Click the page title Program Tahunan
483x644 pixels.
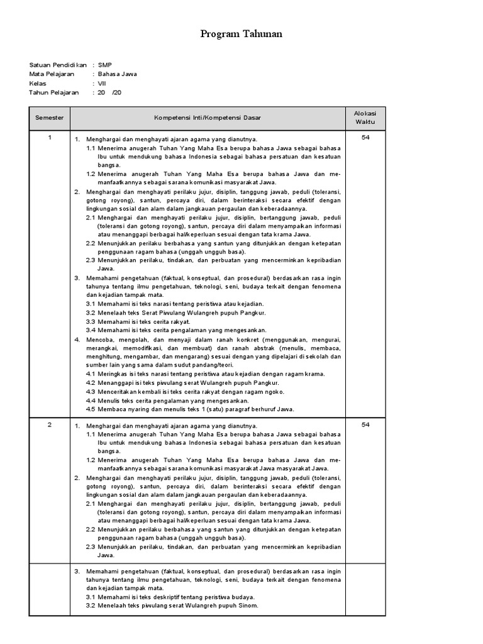(241, 35)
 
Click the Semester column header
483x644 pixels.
(50, 118)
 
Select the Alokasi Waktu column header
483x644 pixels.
(365, 117)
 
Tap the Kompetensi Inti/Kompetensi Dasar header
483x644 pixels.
(208, 118)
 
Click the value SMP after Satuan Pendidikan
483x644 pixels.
(104, 65)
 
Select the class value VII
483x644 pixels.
(103, 83)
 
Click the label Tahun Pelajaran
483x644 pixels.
(54, 92)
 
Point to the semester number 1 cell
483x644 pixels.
(50, 138)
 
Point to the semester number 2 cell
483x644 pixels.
(50, 425)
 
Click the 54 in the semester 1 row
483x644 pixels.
(365, 138)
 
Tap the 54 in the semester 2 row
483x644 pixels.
(365, 425)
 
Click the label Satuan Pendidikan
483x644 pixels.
(58, 65)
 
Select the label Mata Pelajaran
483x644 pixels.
(52, 74)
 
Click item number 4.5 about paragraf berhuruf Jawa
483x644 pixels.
(91, 409)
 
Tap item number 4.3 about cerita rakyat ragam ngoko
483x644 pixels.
(91, 391)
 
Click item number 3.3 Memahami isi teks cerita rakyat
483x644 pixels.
(91, 321)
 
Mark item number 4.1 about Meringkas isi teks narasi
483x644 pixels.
(91, 374)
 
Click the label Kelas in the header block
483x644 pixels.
(38, 83)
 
